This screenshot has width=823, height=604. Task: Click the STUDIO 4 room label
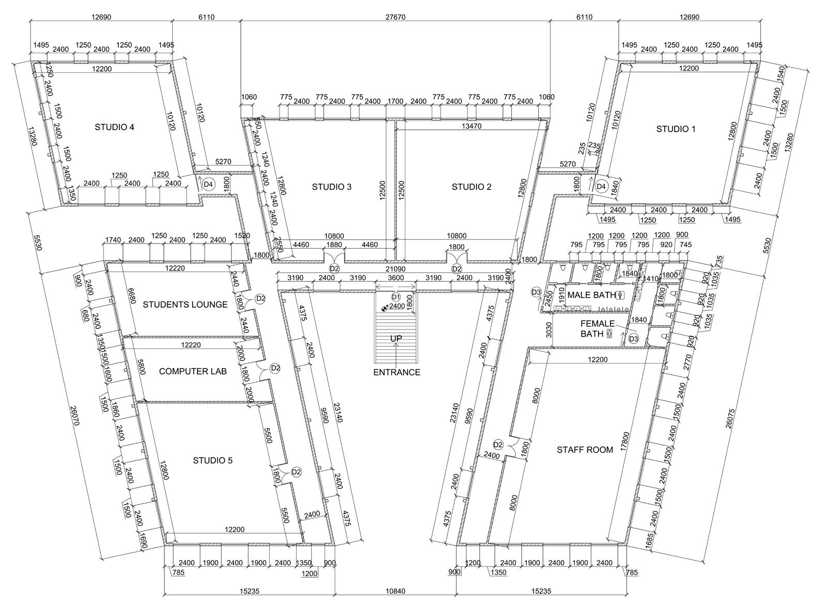pyautogui.click(x=114, y=127)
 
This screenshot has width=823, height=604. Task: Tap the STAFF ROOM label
pyautogui.click(x=585, y=450)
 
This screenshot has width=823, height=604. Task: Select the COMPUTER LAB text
pyautogui.click(x=192, y=371)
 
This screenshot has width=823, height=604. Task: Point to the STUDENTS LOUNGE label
pyautogui.click(x=185, y=305)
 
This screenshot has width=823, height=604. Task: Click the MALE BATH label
pyautogui.click(x=591, y=295)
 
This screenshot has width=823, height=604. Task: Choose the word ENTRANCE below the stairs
pyautogui.click(x=397, y=372)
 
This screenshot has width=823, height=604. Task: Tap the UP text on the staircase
pyautogui.click(x=396, y=339)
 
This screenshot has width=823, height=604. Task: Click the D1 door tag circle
pyautogui.click(x=396, y=297)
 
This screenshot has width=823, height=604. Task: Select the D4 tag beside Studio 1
pyautogui.click(x=601, y=186)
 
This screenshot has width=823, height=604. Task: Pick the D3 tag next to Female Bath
pyautogui.click(x=633, y=339)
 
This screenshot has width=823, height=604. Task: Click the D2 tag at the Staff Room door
pyautogui.click(x=498, y=444)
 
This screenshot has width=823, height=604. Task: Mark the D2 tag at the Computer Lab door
pyautogui.click(x=275, y=368)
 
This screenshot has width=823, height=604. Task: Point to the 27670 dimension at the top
pyautogui.click(x=395, y=17)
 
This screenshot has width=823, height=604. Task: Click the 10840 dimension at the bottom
pyautogui.click(x=395, y=591)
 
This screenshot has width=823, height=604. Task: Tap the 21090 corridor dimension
pyautogui.click(x=395, y=269)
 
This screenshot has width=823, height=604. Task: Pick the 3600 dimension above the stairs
pyautogui.click(x=396, y=278)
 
